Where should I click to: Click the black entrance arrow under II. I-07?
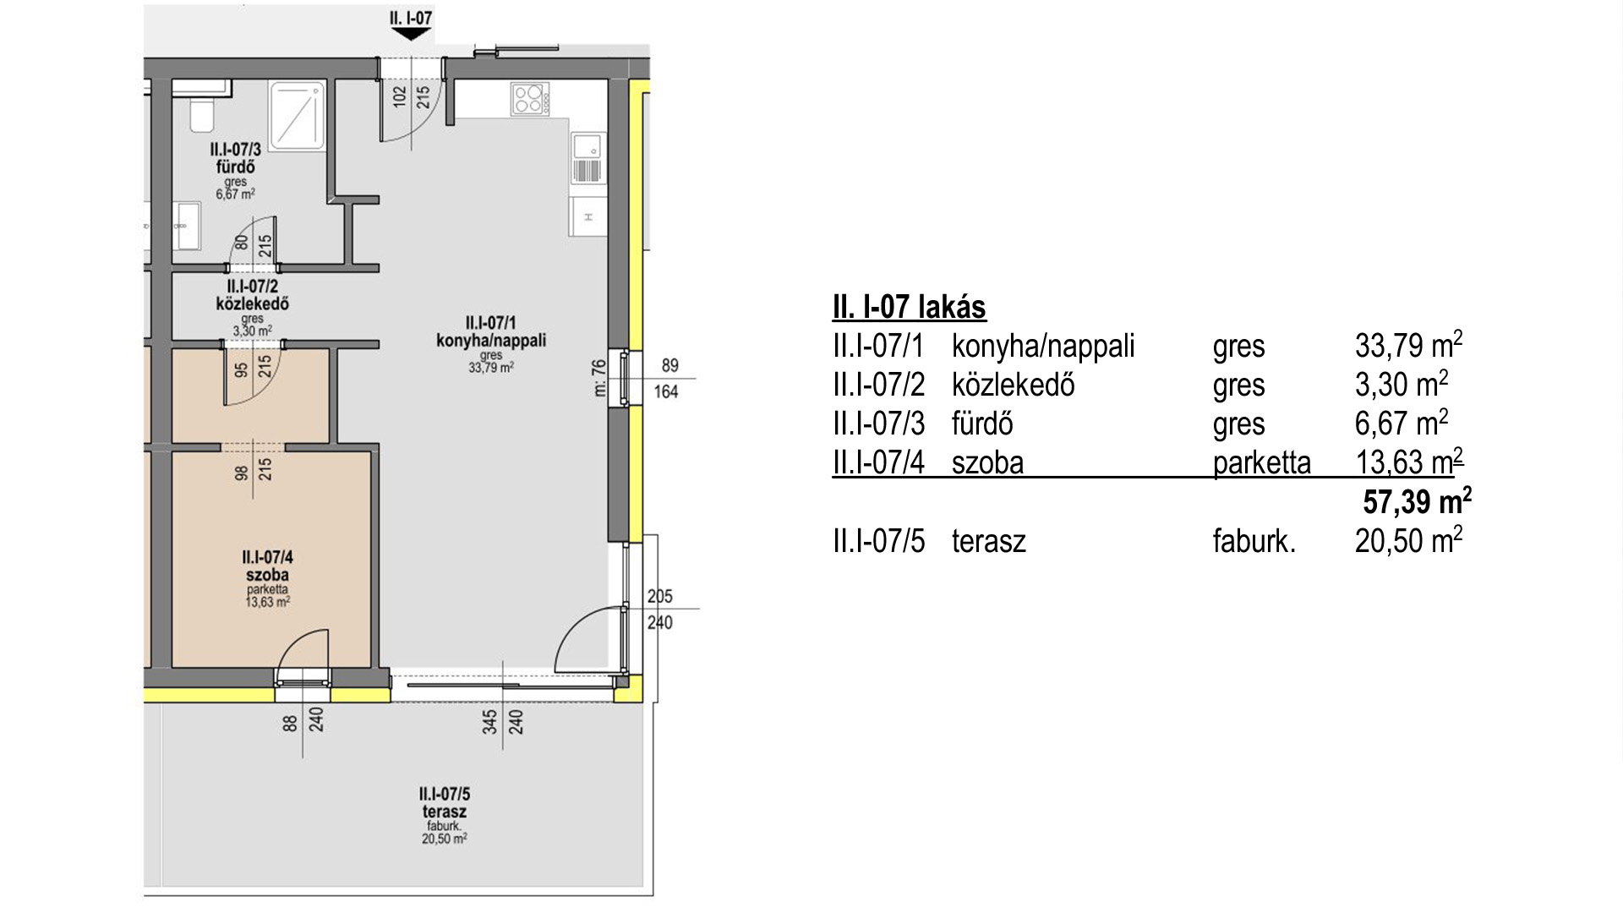tap(411, 34)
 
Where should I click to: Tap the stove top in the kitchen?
tap(530, 99)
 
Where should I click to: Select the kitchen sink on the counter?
tap(588, 157)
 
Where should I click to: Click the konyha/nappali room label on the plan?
tap(491, 341)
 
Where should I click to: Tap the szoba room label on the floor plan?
tap(267, 575)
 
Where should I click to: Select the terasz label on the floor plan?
tap(445, 812)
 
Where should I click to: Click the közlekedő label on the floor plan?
tap(252, 303)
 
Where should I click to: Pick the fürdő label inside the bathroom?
tap(235, 167)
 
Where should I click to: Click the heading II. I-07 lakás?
tap(910, 307)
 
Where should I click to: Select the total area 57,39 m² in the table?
tap(1417, 502)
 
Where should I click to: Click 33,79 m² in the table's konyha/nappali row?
tap(1408, 345)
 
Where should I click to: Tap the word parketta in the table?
tap(1262, 463)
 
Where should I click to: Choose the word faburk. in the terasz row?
tap(1254, 541)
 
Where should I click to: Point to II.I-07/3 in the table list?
tap(879, 424)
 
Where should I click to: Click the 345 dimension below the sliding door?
tap(490, 723)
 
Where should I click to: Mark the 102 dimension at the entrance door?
tap(400, 96)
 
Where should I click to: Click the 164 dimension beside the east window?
tap(666, 392)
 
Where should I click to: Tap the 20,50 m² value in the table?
tap(1408, 540)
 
